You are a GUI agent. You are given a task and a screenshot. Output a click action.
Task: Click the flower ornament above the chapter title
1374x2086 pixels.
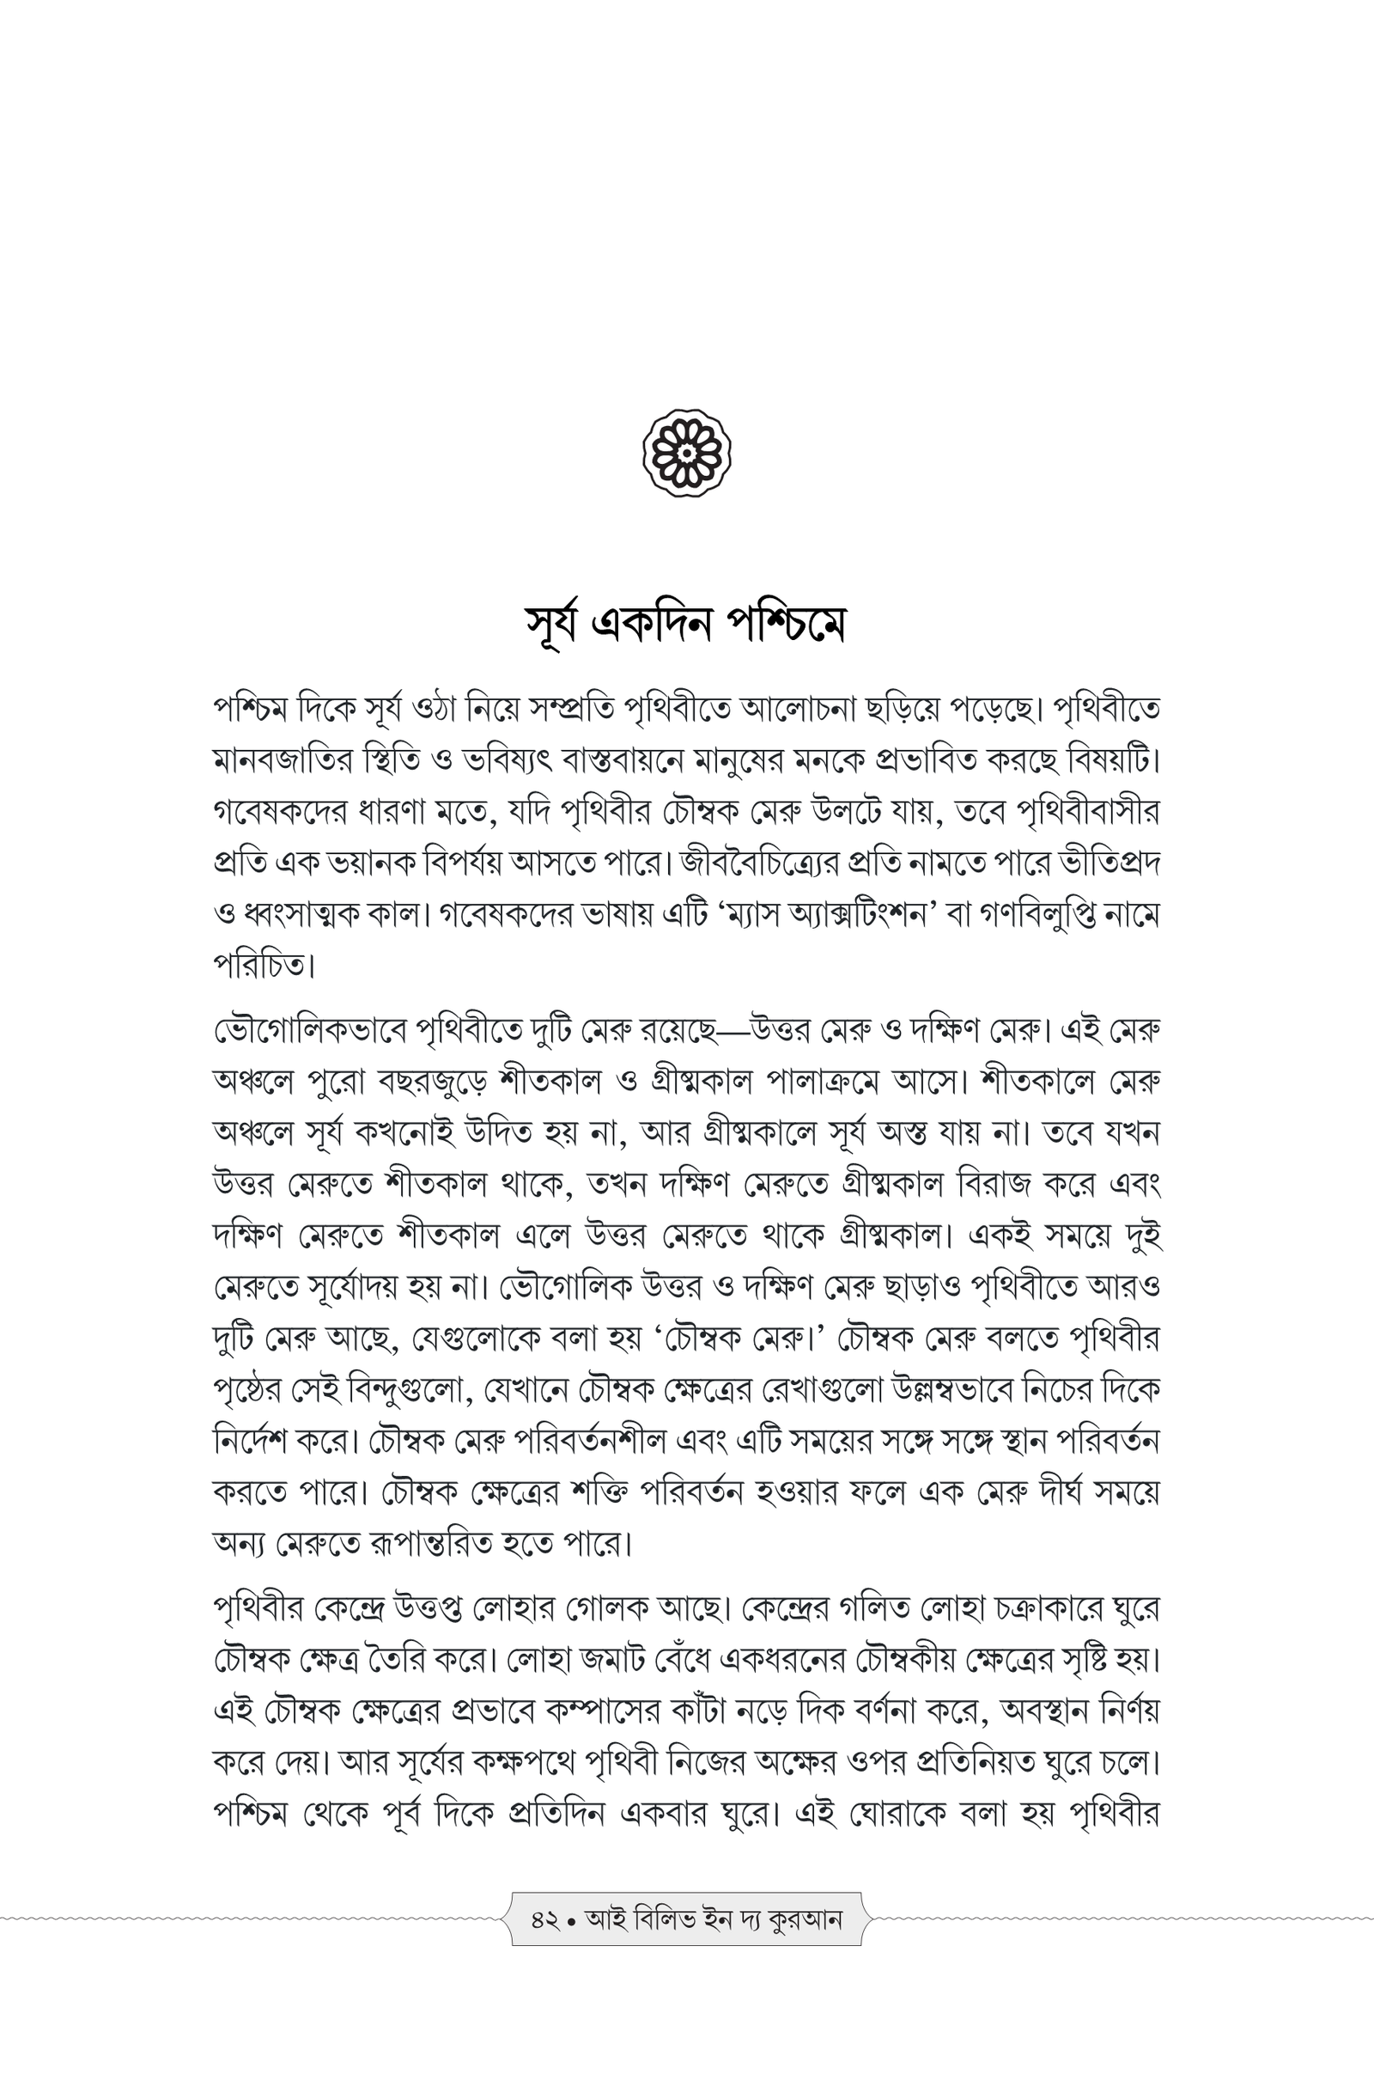point(687,453)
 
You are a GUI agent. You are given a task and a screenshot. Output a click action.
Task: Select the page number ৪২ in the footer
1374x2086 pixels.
point(544,1919)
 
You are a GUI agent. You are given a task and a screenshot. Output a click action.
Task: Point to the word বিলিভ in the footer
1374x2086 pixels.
point(666,1919)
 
